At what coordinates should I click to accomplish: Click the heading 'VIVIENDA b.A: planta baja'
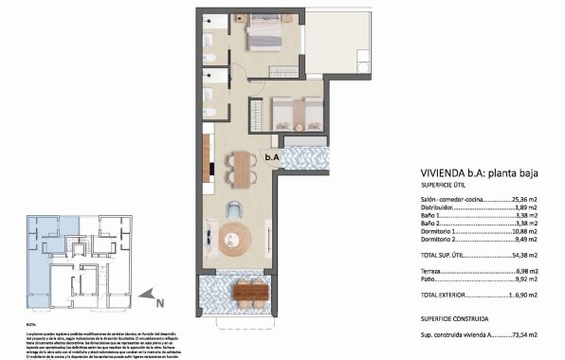point(479,173)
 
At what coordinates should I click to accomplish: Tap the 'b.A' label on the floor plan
point(271,157)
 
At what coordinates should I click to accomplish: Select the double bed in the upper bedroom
point(264,36)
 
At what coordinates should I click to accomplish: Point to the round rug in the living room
point(233,241)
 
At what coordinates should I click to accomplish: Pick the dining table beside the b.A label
point(244,170)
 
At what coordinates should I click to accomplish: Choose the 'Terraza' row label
point(434,270)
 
